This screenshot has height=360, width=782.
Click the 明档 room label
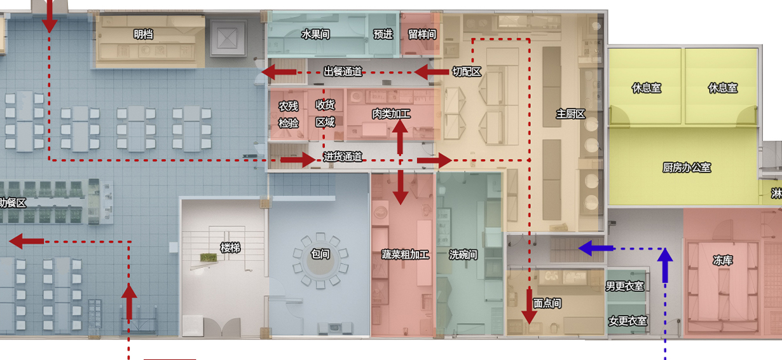143,34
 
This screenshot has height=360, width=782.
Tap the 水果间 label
315,34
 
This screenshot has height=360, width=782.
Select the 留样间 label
422,34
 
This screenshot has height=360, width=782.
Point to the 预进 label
383,34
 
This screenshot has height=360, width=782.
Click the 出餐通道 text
343,71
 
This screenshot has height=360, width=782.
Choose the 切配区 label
467,72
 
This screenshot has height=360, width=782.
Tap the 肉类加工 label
391,114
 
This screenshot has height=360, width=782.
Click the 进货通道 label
343,156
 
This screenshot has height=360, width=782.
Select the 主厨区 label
570,114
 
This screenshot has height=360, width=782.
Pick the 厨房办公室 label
687,167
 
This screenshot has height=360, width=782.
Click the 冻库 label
723,260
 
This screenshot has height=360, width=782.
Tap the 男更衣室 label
626,287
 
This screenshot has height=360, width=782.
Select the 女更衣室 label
628,321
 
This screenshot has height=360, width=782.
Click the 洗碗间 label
463,254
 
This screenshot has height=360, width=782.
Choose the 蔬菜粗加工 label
406,254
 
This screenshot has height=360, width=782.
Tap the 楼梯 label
230,248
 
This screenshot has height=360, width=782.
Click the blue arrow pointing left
595,248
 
